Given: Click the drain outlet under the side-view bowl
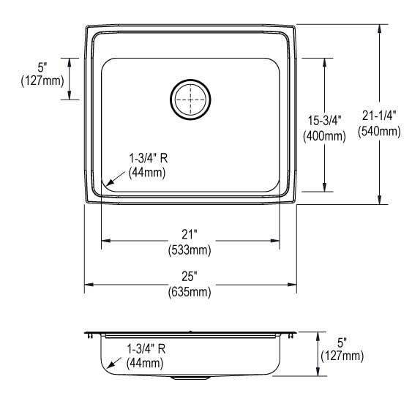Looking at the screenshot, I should [189, 379].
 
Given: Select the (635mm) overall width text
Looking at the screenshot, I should [190, 292].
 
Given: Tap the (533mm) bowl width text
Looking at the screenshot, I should [190, 250].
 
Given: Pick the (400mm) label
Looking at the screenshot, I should [323, 135].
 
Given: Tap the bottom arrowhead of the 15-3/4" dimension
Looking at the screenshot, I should [323, 188].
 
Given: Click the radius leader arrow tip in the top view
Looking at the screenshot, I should [108, 184].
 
